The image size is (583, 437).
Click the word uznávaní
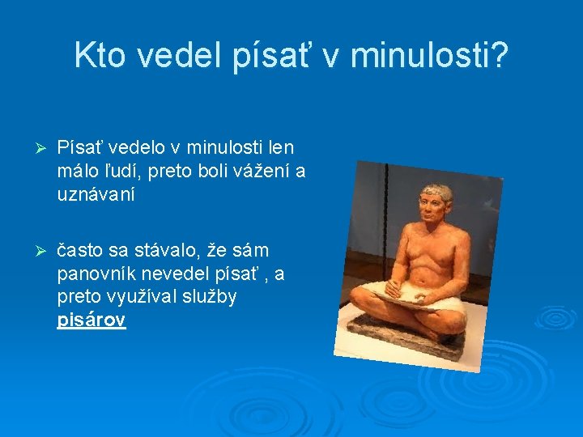point(96,194)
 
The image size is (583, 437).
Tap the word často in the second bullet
point(80,251)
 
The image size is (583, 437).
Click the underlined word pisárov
point(91,320)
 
